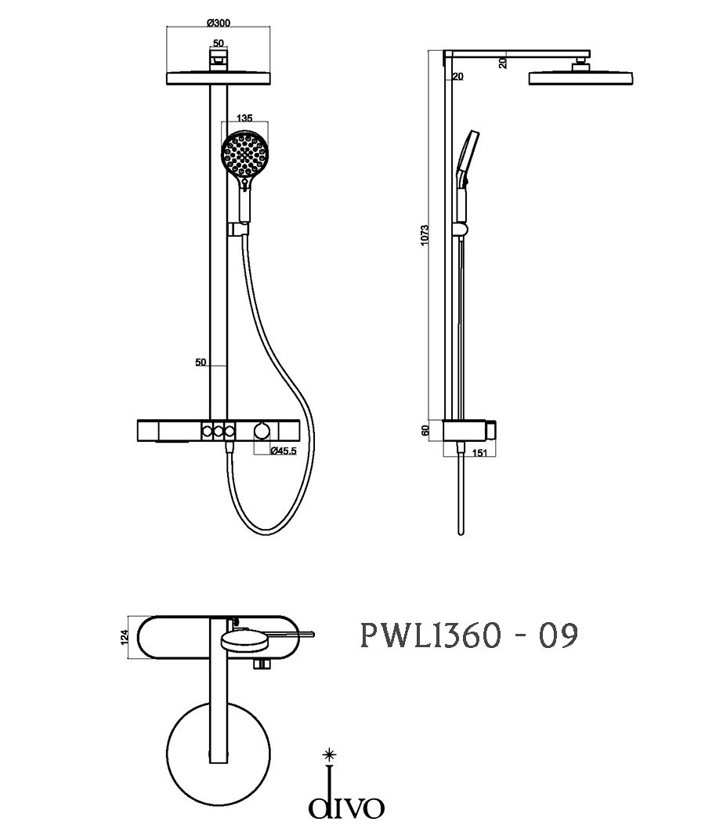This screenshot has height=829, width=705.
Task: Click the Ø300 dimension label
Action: point(219,23)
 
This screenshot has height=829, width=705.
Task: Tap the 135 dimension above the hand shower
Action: point(244,118)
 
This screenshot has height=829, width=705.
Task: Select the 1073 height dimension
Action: point(425,235)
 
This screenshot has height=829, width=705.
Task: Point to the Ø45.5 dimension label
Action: point(284,451)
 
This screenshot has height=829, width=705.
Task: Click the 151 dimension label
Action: point(479,453)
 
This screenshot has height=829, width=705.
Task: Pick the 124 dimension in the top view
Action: point(125,637)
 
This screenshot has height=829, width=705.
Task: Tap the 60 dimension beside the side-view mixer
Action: point(425,430)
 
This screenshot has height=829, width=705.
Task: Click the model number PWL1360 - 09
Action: point(469,635)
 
